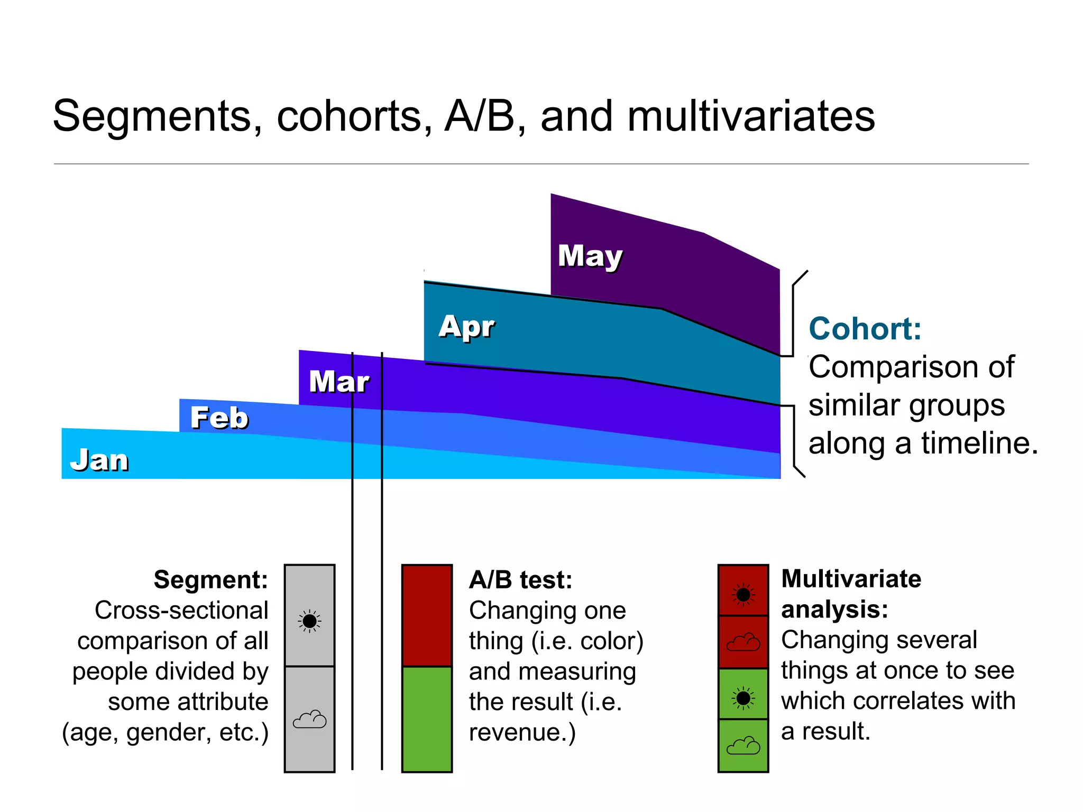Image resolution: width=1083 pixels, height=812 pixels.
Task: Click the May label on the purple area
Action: coord(590,257)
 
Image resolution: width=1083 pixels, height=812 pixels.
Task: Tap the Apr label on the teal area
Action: coord(466,326)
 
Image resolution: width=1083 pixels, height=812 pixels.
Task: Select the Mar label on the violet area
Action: coord(339,382)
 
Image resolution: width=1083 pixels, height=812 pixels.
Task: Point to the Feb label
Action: coord(219,418)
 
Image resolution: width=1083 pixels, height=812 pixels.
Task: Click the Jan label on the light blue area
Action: coord(99,460)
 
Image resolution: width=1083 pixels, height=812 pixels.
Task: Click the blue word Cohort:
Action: coord(865,329)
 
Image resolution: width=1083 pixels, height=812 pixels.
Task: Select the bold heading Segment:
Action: coord(210,580)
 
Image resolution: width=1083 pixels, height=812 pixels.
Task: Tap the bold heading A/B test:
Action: coord(520,580)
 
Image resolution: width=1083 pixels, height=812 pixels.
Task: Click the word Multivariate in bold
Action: coord(851,579)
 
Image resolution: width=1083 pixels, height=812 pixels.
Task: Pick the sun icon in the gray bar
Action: coord(309,621)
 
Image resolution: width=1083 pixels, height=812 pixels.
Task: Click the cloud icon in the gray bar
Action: coord(309,719)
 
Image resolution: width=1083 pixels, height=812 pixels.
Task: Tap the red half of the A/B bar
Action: coord(427,615)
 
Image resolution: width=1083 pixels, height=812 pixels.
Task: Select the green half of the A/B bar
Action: coord(427,718)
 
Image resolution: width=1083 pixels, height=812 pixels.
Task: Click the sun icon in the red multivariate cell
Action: coord(743,595)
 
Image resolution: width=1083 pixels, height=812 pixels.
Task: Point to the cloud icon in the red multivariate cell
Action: coord(743,642)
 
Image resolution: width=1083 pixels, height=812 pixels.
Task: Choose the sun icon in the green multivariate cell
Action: coord(743,698)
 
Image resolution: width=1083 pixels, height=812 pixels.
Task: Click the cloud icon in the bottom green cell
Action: coord(743,746)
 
